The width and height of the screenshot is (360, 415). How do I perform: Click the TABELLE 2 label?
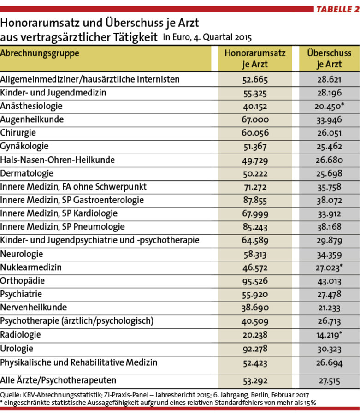(x=338, y=9)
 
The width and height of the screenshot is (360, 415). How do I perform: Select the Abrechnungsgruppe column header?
(x=40, y=53)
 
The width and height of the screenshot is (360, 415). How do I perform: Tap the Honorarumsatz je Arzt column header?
(x=255, y=59)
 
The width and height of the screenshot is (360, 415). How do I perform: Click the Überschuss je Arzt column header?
(x=329, y=59)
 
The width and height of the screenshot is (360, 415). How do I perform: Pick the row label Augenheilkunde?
(x=32, y=119)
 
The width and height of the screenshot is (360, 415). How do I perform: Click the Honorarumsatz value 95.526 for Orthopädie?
(x=255, y=281)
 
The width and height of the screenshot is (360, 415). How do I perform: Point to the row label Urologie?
(x=17, y=349)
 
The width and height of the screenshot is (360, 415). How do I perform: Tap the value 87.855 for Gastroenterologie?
(x=255, y=200)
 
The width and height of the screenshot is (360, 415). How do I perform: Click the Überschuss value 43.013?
(x=329, y=281)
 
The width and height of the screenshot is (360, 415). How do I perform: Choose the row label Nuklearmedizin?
(x=31, y=267)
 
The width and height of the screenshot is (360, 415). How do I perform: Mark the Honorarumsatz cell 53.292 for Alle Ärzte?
(x=255, y=381)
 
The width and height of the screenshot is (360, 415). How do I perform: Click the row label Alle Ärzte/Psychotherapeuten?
(x=58, y=380)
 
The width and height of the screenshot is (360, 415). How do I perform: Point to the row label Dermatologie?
(x=27, y=173)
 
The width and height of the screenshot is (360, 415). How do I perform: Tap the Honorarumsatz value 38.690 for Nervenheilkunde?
(x=255, y=308)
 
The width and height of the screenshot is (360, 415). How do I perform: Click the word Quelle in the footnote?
(x=10, y=395)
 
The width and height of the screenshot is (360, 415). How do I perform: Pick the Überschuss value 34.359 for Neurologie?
(x=329, y=255)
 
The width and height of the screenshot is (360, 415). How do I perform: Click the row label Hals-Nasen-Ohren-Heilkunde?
(x=58, y=160)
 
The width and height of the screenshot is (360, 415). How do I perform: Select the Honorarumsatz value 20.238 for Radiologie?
(x=255, y=335)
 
